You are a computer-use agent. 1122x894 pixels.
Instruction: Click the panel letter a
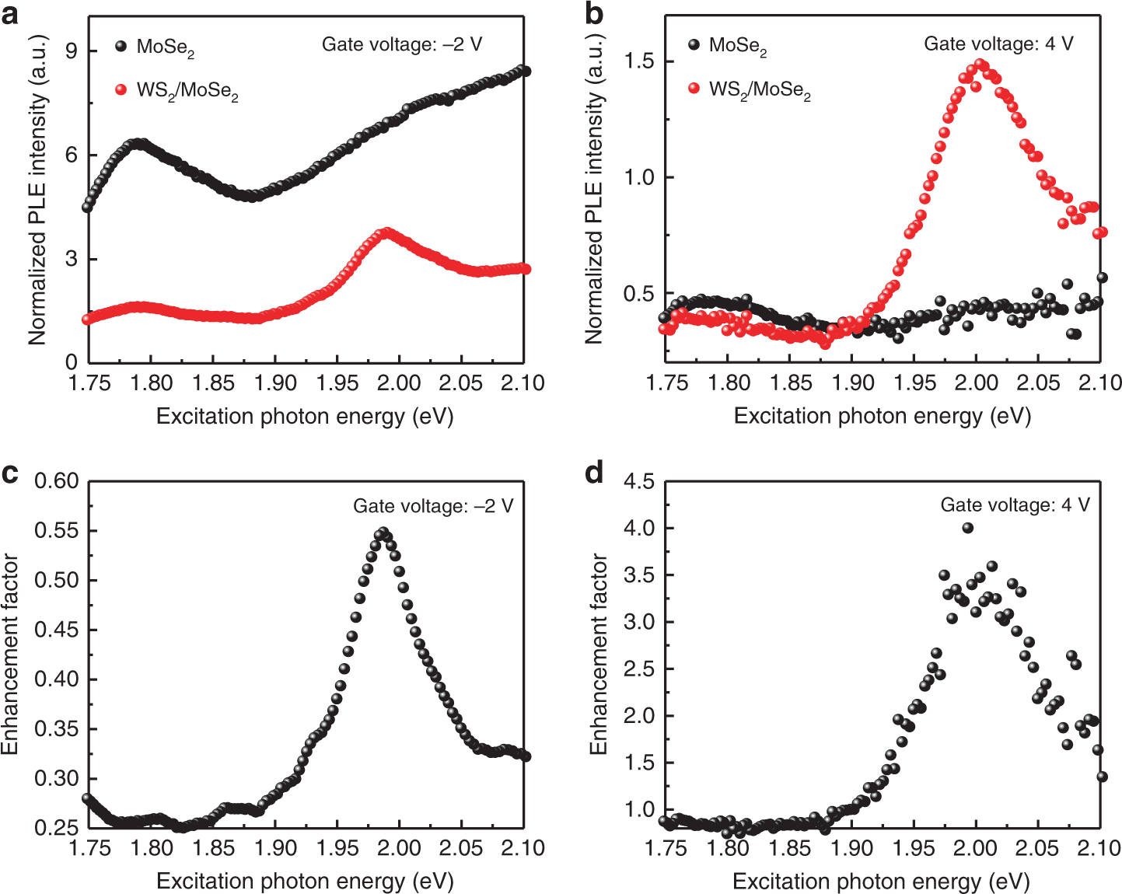point(10,13)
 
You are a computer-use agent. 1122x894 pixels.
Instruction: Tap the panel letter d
point(594,473)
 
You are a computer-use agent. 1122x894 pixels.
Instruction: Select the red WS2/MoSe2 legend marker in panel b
point(694,89)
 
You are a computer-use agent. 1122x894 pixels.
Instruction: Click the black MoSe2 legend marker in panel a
point(121,46)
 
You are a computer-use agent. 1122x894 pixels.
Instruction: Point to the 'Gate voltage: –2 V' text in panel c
point(433,506)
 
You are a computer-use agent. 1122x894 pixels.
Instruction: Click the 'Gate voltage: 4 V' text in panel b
point(998,44)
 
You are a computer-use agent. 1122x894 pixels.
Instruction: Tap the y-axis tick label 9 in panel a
point(72,51)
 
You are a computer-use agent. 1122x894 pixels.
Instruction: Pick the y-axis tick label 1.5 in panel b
point(640,61)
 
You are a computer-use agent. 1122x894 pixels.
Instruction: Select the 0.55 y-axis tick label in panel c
point(57,531)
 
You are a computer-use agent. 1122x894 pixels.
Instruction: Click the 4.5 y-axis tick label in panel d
point(640,482)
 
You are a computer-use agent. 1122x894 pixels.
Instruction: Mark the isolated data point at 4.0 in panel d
point(967,528)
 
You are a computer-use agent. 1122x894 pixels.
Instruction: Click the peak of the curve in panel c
point(382,533)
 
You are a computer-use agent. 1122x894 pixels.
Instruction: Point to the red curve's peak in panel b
point(980,65)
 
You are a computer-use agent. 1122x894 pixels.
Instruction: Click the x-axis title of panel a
point(305,417)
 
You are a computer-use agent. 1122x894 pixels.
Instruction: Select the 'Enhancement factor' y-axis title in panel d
point(598,653)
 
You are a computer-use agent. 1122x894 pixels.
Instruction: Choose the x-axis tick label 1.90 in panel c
point(275,847)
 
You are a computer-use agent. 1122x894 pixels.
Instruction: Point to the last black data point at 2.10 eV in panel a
point(525,72)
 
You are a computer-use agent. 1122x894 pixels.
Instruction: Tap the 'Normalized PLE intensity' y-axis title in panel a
point(37,190)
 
